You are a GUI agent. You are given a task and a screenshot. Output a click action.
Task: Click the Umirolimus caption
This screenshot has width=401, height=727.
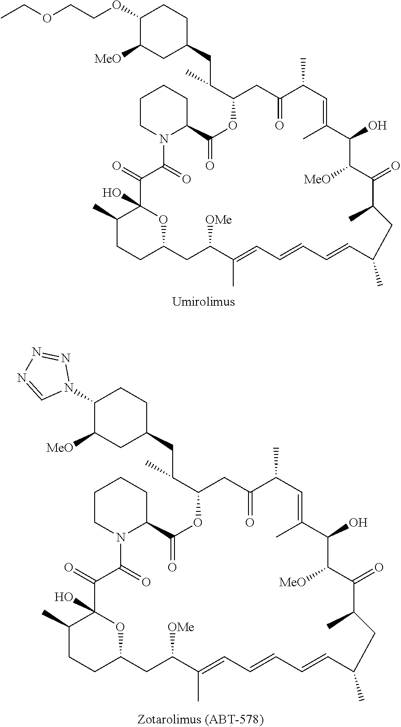(204, 302)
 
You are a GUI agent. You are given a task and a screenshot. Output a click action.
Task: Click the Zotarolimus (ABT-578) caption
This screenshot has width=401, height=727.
(200, 719)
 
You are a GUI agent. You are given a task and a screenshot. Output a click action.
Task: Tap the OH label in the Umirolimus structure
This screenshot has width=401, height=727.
(377, 125)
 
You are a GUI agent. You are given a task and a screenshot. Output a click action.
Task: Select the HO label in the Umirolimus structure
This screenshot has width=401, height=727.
(112, 193)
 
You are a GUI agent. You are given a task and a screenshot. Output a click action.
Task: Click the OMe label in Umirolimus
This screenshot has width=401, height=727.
(218, 220)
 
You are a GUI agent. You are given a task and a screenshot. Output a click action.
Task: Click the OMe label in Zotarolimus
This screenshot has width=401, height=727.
(181, 627)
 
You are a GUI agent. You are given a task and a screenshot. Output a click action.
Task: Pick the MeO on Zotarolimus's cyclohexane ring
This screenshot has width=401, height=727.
(60, 447)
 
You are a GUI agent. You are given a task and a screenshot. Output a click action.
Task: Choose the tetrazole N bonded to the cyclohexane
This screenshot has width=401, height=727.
(68, 386)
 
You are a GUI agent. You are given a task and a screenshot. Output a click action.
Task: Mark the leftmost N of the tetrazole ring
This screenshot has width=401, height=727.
(21, 378)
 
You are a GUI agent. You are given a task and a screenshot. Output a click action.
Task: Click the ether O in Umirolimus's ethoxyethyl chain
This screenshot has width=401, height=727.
(48, 18)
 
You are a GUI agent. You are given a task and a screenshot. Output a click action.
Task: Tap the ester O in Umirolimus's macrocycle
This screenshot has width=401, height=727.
(232, 125)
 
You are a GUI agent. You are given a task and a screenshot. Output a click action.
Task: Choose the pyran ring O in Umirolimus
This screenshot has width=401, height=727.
(163, 220)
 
